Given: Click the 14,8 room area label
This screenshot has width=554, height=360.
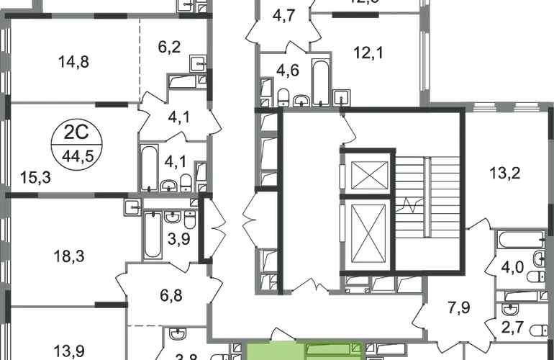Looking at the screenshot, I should click(75, 61).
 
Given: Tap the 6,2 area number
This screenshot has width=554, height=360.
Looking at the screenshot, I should click(170, 49).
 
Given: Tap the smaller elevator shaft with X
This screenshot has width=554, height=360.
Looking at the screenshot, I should click(368, 174).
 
